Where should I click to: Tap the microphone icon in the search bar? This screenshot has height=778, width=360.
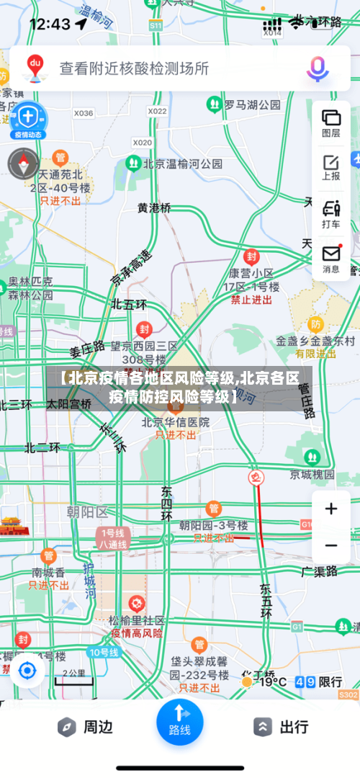(x=317, y=68)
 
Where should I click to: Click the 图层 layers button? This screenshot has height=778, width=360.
(x=331, y=122)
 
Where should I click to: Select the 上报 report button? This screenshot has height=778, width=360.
(x=331, y=167)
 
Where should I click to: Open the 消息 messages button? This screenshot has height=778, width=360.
(x=331, y=259)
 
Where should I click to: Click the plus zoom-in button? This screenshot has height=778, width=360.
(x=331, y=509)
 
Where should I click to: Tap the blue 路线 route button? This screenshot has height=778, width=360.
(x=179, y=723)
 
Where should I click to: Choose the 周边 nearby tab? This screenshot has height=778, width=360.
(x=86, y=727)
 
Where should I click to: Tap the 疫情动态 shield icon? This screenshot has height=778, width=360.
(x=27, y=119)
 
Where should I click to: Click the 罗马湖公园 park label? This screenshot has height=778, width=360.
(x=252, y=105)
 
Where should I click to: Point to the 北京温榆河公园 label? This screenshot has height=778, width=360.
(x=183, y=164)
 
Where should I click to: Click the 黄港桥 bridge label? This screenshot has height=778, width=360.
(x=155, y=207)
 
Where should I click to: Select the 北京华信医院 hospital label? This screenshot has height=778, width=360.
(x=176, y=422)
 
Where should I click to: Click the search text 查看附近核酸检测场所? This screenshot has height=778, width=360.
(x=134, y=68)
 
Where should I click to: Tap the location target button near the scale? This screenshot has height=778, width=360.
(x=27, y=671)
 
